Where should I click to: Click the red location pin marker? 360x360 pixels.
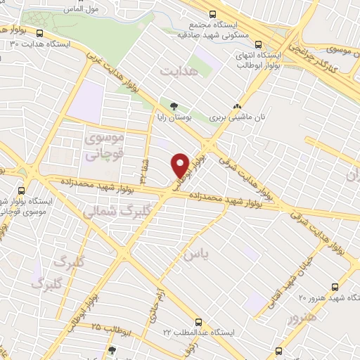pos(181,165)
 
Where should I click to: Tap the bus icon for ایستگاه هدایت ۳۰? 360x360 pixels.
pos(39,32)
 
